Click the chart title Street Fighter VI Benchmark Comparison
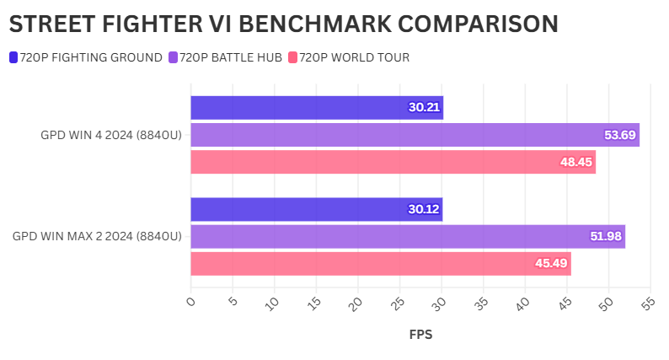(283, 24)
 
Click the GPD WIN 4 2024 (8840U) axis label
(111, 135)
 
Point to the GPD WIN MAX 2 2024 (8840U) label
(97, 236)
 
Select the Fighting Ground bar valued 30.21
(316, 108)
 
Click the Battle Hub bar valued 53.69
(415, 135)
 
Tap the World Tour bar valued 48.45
(393, 162)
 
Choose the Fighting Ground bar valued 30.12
(316, 209)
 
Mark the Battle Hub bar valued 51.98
(408, 236)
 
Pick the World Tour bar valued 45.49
(380, 263)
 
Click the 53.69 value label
(620, 135)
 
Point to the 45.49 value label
(552, 263)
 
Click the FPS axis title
(420, 335)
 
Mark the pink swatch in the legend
(293, 57)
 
